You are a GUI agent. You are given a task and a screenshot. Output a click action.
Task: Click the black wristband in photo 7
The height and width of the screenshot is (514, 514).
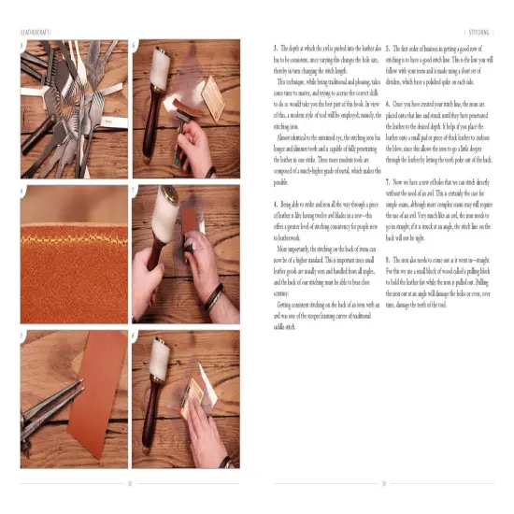tap(214, 304)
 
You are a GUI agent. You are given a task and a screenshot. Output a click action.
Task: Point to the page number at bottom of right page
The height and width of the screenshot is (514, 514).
tap(383, 484)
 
